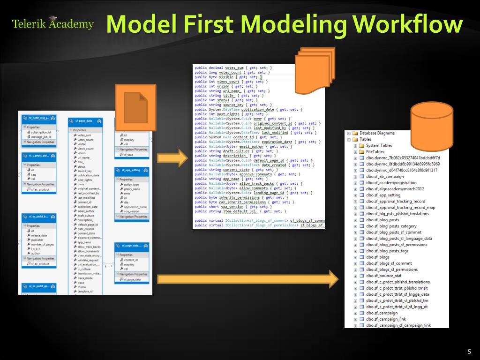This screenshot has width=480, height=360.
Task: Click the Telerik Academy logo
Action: click(52, 24)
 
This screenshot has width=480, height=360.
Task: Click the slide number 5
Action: click(469, 352)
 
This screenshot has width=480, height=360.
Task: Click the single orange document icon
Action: click(136, 106)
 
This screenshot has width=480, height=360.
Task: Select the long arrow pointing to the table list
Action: click(247, 279)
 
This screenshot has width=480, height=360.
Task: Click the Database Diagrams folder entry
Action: click(376, 133)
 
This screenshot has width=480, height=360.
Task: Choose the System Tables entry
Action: click(379, 145)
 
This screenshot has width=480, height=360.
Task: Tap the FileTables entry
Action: click(375, 152)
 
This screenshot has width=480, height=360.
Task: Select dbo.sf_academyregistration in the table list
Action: click(391, 183)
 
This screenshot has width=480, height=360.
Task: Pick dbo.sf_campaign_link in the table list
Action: click(386, 319)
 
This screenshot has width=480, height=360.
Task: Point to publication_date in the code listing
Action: click(263, 109)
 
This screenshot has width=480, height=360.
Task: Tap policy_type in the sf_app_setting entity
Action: click(131, 185)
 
